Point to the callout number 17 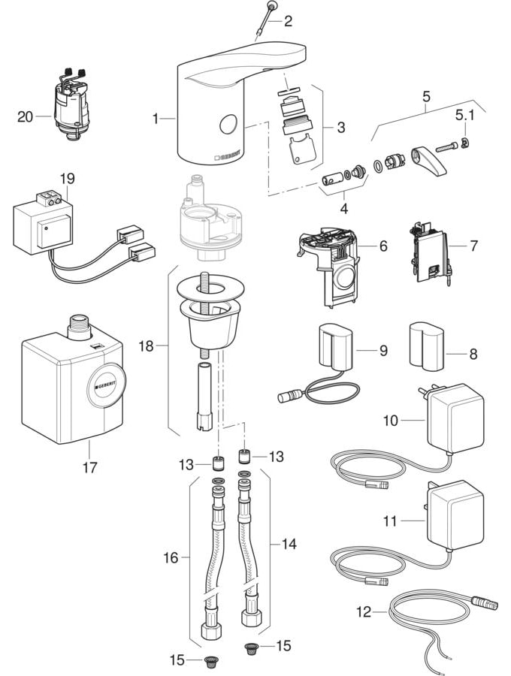(x=92, y=466)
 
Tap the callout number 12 (x=364, y=611)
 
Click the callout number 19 (x=68, y=179)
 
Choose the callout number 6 (x=382, y=246)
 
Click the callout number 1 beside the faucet (x=156, y=118)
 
